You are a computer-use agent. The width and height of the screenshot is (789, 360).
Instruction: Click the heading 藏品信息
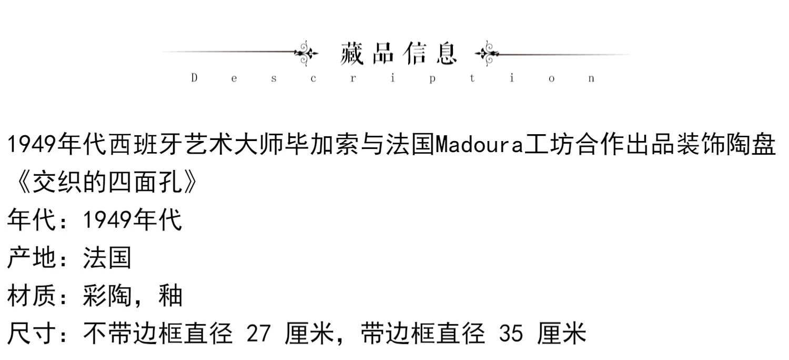click(x=399, y=53)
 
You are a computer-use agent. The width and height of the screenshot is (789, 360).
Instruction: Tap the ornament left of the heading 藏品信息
click(x=306, y=53)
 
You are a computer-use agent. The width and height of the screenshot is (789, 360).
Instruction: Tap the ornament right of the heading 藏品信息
click(x=487, y=53)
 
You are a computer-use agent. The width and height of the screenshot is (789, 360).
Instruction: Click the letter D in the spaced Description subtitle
click(x=194, y=78)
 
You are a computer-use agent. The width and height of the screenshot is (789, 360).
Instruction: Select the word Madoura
click(x=480, y=144)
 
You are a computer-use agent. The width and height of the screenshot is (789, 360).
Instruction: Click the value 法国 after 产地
click(x=107, y=258)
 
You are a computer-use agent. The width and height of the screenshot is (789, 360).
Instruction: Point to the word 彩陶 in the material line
click(x=107, y=296)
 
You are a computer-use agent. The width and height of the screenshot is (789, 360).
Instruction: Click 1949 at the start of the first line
click(x=31, y=144)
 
